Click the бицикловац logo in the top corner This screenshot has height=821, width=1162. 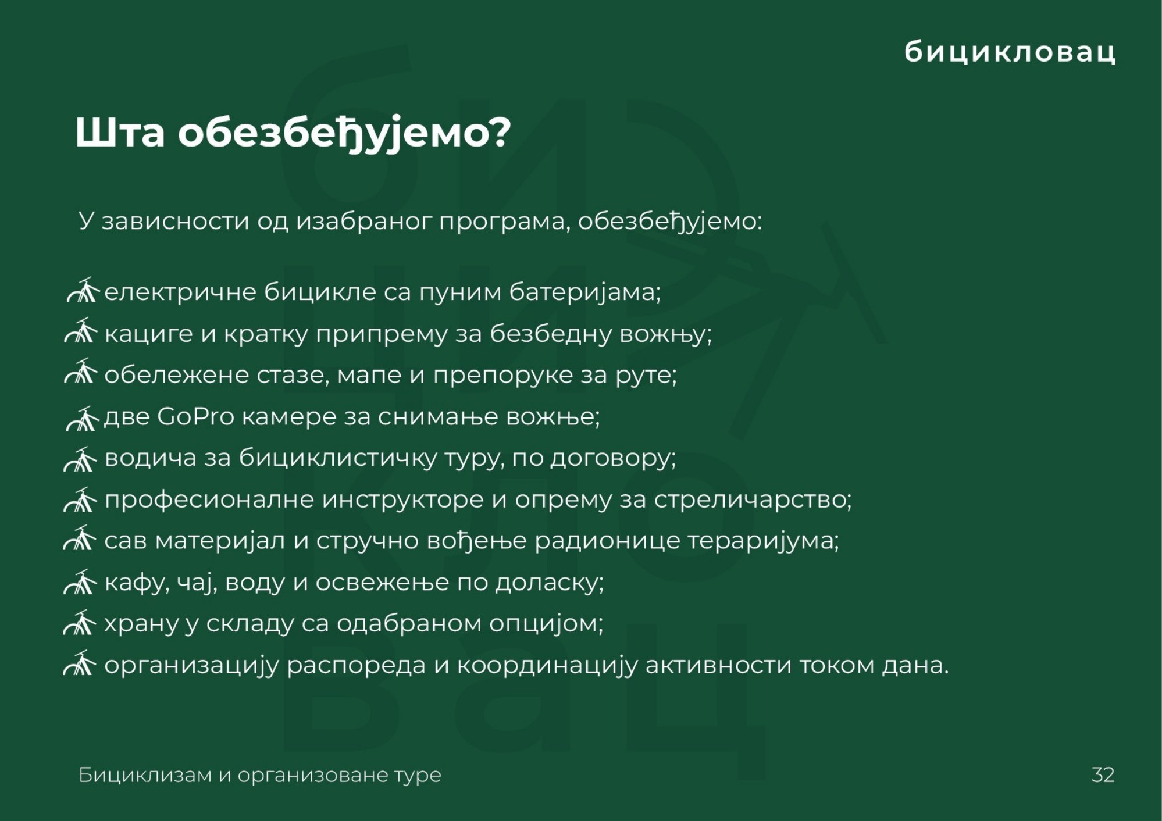point(1010,51)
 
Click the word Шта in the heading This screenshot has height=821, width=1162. point(120,133)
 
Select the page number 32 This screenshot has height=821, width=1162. point(1103,775)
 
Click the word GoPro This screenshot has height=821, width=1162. point(195,416)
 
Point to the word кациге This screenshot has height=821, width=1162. point(148,334)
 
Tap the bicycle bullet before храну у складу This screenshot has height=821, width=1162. point(80,622)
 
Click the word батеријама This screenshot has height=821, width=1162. point(586,292)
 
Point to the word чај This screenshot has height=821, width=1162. point(197,583)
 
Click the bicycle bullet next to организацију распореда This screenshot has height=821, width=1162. point(80,663)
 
